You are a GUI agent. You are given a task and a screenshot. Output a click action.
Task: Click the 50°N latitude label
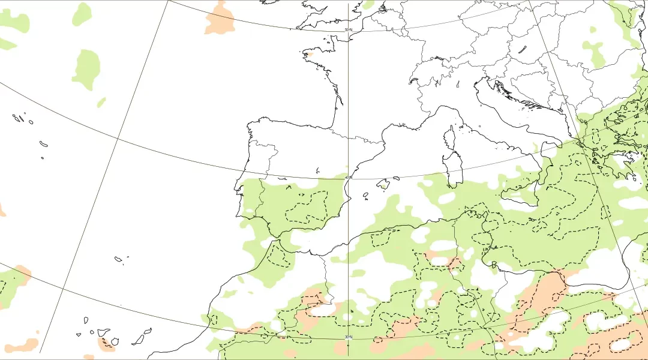[x=348, y=29]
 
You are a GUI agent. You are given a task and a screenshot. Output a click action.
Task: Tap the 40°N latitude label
[x=349, y=177]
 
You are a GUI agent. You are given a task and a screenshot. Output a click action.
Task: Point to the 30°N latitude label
[x=348, y=337]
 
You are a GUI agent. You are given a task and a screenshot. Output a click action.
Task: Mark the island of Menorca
[x=395, y=178]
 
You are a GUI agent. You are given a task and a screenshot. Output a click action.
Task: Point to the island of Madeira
[x=119, y=259]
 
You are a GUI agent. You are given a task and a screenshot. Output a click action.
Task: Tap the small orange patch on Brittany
[x=308, y=54]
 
